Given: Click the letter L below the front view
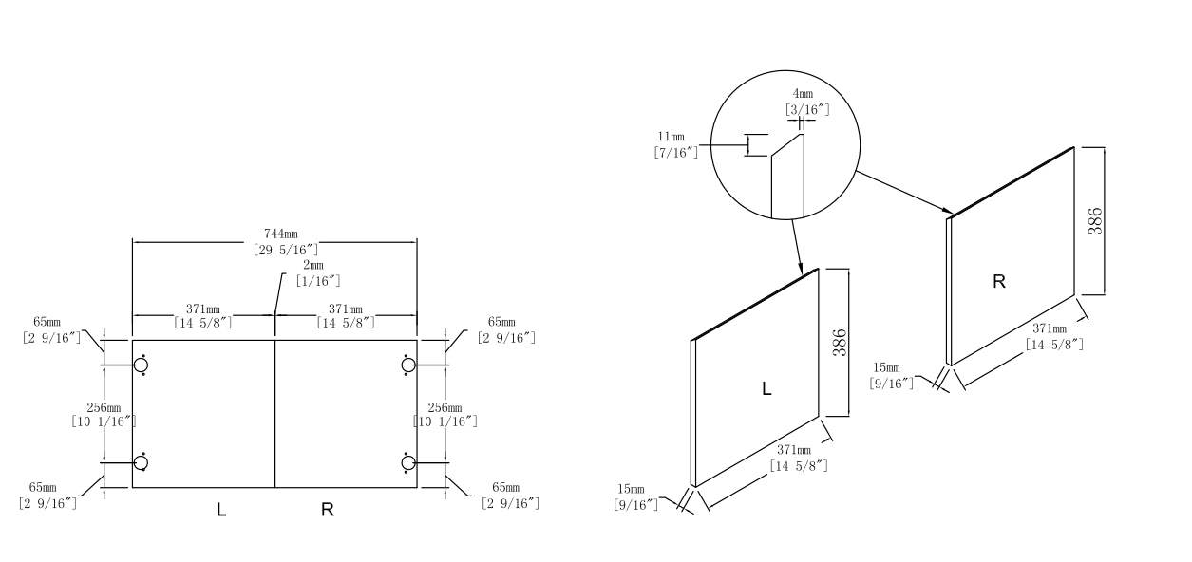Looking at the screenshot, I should pos(221,510).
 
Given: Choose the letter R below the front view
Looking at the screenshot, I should pos(327,510).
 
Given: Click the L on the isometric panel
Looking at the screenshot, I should pos(766,388).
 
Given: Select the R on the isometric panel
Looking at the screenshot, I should pos(998,282).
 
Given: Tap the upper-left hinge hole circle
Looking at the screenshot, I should pos(141,365).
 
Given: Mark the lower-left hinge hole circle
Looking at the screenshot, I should pos(141,462).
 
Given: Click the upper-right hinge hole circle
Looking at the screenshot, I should pos(408,365).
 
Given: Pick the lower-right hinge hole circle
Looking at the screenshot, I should pos(408,462).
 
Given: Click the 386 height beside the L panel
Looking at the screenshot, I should pos(840,343).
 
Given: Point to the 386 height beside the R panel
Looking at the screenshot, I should pos(1095,221).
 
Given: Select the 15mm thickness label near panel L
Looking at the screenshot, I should pos(631,490).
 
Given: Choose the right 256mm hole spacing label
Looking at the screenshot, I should pos(446,408).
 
